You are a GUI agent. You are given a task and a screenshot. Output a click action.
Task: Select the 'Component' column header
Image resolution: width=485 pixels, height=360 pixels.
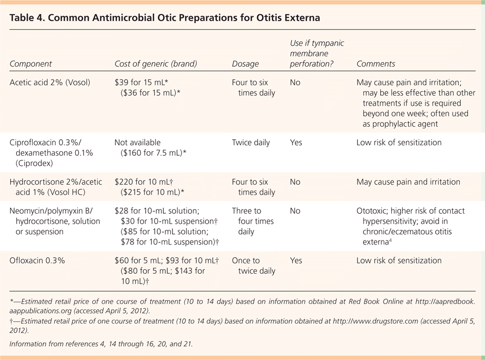pos(31,64)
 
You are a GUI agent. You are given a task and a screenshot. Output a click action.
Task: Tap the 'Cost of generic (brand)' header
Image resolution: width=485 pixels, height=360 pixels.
pos(156,64)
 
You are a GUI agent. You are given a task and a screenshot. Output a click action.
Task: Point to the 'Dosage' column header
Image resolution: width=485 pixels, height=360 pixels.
pos(246,64)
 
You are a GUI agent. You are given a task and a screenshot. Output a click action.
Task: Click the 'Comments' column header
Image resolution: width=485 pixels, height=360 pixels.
pos(376,64)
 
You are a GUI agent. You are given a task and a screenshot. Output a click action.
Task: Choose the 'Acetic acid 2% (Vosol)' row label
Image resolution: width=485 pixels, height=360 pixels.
pos(50,83)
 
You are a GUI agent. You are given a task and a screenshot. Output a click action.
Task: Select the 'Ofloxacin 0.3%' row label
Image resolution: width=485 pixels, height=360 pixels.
pos(37,260)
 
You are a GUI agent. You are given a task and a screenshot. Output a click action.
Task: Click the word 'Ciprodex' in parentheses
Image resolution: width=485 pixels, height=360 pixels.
pos(34,163)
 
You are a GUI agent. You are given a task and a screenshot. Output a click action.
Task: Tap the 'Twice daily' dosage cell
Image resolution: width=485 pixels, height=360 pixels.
pos(251,143)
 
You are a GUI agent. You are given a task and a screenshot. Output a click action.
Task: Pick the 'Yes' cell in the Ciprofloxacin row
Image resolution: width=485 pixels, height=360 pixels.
pos(296,143)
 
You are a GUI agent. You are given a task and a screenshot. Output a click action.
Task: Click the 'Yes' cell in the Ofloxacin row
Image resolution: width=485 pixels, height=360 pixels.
pos(296,260)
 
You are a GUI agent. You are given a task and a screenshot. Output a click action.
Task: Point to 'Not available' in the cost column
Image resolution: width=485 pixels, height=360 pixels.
pos(138,143)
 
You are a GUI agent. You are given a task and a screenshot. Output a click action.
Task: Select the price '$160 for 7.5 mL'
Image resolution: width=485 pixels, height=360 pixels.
pos(152,153)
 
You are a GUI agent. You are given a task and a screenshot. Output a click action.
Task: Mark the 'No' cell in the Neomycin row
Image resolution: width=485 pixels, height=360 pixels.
pos(295,211)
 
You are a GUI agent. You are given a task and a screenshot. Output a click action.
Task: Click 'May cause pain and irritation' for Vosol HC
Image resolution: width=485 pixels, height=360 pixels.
pos(408,182)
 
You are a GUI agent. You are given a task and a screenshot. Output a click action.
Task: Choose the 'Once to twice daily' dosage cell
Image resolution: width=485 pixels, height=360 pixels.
pos(254,266)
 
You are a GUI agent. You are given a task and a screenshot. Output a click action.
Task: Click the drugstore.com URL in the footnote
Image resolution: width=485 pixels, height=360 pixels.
pos(376,321)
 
